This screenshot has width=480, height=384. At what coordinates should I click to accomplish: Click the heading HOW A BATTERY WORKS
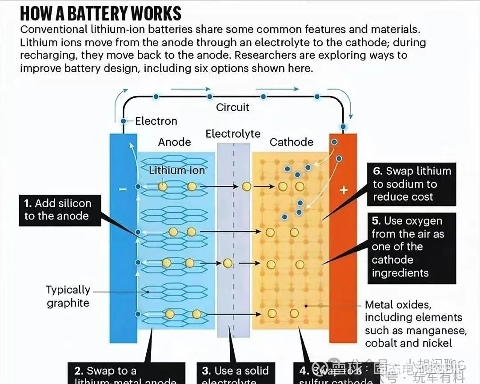[x=101, y=13]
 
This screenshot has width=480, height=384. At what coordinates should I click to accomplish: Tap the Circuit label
[x=232, y=107]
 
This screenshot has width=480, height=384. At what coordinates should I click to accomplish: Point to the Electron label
[x=156, y=121]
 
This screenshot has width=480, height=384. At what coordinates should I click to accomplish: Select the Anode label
[x=174, y=142]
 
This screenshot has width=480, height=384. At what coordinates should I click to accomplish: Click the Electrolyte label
[x=233, y=134]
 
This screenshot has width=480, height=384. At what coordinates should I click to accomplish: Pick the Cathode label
[x=291, y=142]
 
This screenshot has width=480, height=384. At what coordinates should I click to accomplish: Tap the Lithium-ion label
[x=176, y=170]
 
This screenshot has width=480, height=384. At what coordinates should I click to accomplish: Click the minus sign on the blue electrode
[x=123, y=189]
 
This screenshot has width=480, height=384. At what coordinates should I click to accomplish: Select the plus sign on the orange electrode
[x=343, y=190]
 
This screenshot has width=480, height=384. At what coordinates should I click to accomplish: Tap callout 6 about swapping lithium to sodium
[x=412, y=184]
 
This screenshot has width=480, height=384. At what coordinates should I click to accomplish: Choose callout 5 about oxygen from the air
[x=412, y=247]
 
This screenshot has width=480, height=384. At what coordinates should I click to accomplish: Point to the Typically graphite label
[x=68, y=296]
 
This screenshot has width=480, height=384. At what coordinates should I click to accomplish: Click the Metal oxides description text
[x=416, y=324]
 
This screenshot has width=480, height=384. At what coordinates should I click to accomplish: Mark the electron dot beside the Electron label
[x=124, y=121]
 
